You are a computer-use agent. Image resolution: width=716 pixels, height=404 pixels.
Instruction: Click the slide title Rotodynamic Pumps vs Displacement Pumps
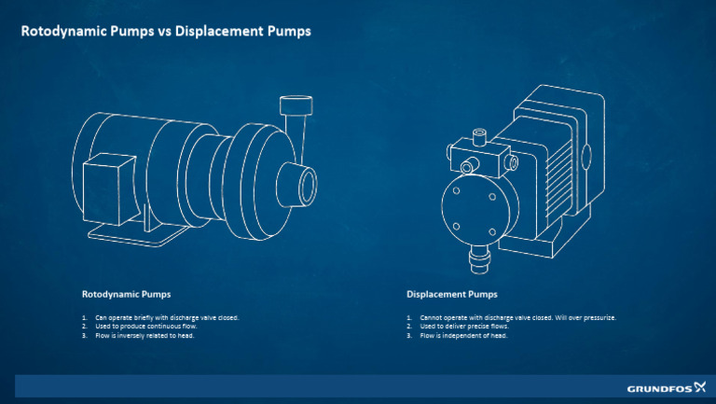coord(166,31)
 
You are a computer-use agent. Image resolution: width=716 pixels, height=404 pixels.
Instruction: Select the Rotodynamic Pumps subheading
coord(126,294)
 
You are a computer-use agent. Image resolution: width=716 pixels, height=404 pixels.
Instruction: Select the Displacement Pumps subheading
coord(451,294)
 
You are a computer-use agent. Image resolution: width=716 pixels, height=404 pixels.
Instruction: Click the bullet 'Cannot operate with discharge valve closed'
coord(512,317)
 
